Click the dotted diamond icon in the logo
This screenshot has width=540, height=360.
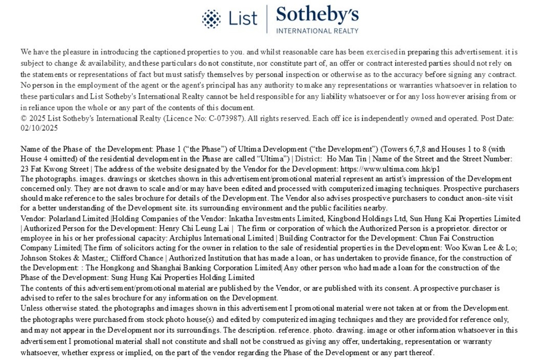(x=211, y=18)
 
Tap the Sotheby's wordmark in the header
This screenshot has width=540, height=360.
(x=317, y=15)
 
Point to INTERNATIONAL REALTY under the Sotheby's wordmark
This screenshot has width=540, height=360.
(x=317, y=31)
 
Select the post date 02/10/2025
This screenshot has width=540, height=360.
(x=39, y=127)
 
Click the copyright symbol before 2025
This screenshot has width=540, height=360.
(x=23, y=118)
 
